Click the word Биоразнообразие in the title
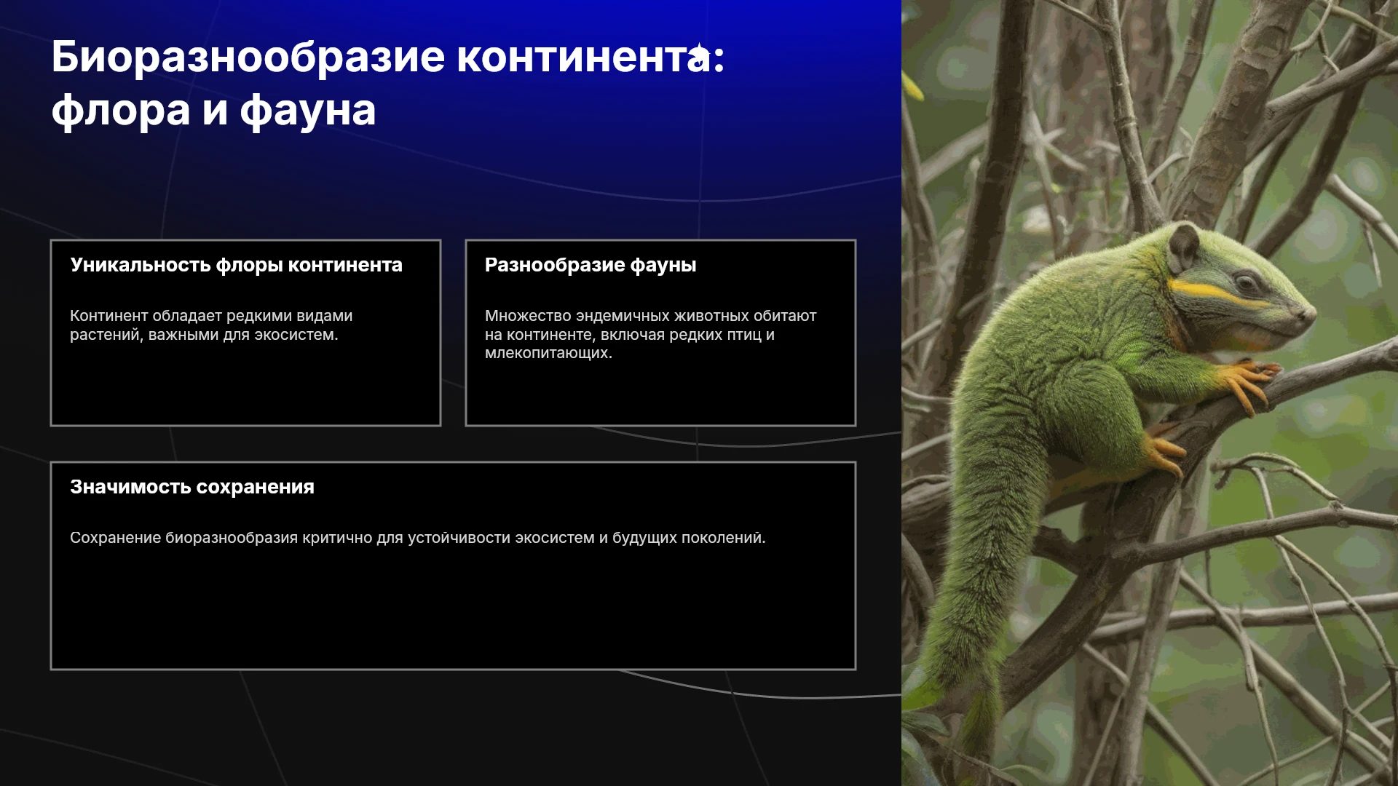(248, 58)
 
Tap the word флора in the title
(121, 111)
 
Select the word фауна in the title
(308, 111)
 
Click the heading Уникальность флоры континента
(236, 265)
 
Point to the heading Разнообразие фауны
(591, 265)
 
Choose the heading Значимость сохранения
(192, 487)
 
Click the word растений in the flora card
(106, 336)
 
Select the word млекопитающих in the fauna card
(548, 354)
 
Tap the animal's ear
(1184, 247)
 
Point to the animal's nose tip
(1308, 313)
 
